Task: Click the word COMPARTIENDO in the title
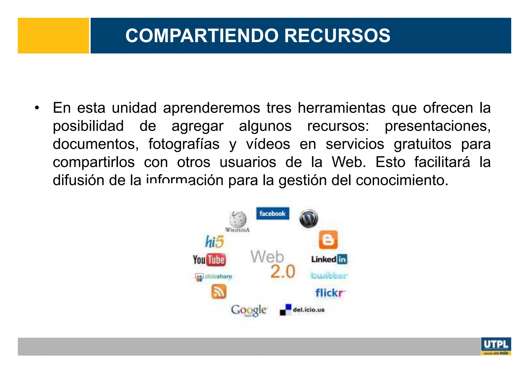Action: coord(202,36)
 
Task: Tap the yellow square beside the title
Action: coord(53,36)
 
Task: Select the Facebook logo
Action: coord(273,213)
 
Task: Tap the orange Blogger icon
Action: coord(328,240)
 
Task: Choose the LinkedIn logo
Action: coord(329,259)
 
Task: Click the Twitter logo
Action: coord(329,276)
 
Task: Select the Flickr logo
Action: coord(330,293)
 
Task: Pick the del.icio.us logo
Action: coord(302,310)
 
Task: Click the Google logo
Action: coord(249,310)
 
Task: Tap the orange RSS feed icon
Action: coord(219,291)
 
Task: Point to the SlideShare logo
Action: coord(214,277)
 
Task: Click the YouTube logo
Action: coord(209,260)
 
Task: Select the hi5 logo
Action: coord(214,242)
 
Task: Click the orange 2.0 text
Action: coord(283,272)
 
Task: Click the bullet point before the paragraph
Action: coord(37,108)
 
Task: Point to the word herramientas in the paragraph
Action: coord(341,108)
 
